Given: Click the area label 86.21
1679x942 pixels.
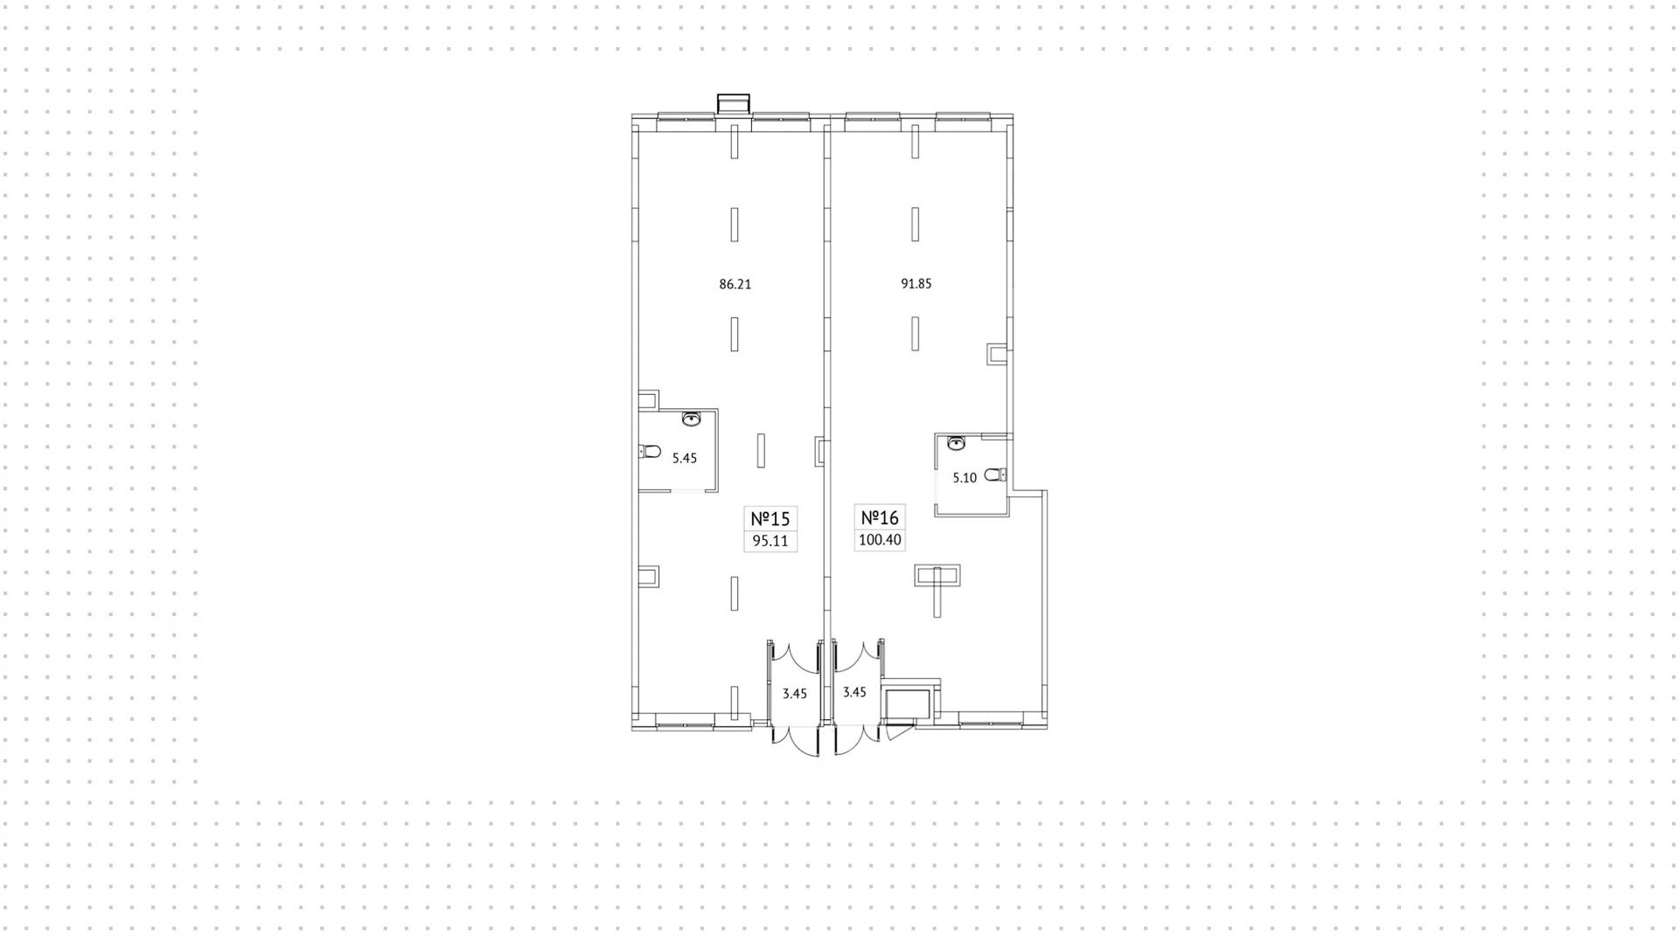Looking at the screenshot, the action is point(735,284).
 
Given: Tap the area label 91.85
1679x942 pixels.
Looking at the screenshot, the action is point(916,284).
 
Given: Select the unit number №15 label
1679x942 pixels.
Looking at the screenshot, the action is point(770,518).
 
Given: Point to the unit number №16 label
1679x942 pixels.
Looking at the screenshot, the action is point(880,517).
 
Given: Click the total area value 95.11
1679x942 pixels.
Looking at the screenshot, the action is point(770,541).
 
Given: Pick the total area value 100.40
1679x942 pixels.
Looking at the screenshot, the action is point(880,540).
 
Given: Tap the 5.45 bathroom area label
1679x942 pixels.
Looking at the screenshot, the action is point(684,458).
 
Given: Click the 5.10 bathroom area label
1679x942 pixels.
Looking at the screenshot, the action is point(965,478).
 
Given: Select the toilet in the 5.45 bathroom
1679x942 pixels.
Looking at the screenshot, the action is point(649,452).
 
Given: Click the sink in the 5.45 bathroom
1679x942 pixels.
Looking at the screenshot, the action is point(692,419).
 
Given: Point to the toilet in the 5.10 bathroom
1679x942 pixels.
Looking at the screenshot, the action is point(996,474).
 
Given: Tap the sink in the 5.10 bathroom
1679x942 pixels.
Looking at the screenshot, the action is point(957,443).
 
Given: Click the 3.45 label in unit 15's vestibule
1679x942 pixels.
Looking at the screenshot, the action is point(794,694).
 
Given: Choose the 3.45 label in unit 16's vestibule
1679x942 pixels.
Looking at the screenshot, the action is point(854,692).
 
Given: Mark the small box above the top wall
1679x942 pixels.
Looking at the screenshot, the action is point(733,104).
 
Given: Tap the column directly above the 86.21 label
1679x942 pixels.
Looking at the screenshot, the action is point(735,224).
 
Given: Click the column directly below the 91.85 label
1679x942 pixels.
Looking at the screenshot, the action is point(916,333).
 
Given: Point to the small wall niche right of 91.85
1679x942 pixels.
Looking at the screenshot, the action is point(998,353).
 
